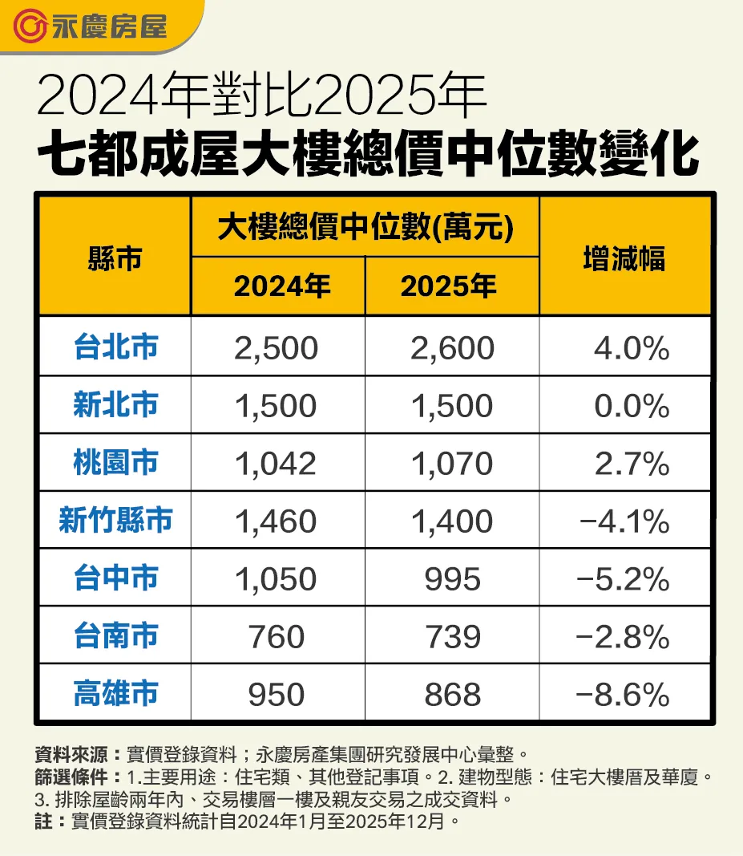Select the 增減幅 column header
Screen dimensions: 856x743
pos(624,258)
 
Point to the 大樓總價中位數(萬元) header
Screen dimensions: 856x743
pos(365,229)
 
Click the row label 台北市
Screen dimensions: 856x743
pos(115,347)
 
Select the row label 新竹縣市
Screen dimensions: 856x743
pos(115,521)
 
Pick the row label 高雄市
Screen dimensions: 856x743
pos(115,694)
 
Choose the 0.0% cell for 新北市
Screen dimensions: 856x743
pos(632,406)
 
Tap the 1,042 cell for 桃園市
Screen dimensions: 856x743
pos(277,464)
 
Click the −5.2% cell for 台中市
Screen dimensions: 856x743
pos(624,579)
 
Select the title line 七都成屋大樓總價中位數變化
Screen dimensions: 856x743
pos(369,155)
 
